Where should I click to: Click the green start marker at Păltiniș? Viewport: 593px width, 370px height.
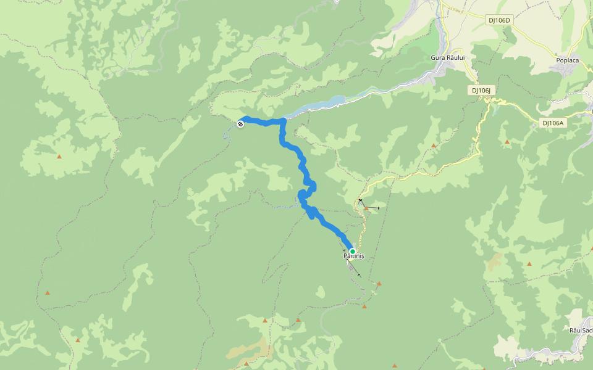[353, 252]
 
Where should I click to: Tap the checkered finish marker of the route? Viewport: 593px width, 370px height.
[240, 124]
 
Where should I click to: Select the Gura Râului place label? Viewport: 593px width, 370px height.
[447, 57]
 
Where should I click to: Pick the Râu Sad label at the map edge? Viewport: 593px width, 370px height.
[581, 331]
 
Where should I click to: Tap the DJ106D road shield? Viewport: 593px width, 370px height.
[500, 20]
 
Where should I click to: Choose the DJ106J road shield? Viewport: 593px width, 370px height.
[481, 91]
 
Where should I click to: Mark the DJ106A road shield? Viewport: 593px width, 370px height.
[553, 123]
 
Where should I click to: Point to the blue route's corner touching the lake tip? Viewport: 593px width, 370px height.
[283, 120]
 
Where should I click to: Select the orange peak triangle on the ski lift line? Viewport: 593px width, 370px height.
[366, 208]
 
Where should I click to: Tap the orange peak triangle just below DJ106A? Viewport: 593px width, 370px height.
[507, 142]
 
